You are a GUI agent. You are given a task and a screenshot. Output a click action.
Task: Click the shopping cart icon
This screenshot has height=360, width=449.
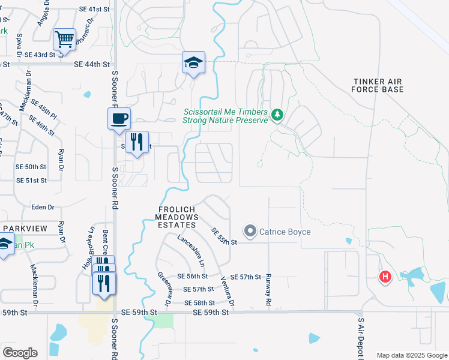click(64, 40)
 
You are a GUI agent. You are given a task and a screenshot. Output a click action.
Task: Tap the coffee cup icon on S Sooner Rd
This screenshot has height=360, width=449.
click(119, 118)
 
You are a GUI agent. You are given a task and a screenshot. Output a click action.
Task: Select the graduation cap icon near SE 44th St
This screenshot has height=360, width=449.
click(193, 62)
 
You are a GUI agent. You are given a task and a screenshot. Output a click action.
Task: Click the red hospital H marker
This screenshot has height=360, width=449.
click(384, 277)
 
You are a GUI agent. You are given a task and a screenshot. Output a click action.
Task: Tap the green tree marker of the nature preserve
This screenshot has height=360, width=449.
click(277, 114)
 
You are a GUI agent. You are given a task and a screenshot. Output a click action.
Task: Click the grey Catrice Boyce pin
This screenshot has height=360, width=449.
click(250, 230)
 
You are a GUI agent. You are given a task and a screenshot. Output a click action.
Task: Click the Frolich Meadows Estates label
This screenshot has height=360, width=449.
click(176, 217)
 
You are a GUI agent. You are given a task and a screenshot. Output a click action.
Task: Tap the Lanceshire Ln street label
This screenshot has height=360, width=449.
click(191, 250)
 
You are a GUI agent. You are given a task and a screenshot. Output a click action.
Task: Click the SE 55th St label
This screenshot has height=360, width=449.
click(224, 236)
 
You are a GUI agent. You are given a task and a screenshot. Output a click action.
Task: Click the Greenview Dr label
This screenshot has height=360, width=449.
click(165, 288)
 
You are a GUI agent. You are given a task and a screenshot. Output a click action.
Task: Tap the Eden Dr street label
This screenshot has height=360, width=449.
click(43, 207)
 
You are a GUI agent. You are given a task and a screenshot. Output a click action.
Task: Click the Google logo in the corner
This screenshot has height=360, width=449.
click(20, 353)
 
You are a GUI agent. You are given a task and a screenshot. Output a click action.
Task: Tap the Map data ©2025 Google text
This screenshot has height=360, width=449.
click(412, 355)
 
